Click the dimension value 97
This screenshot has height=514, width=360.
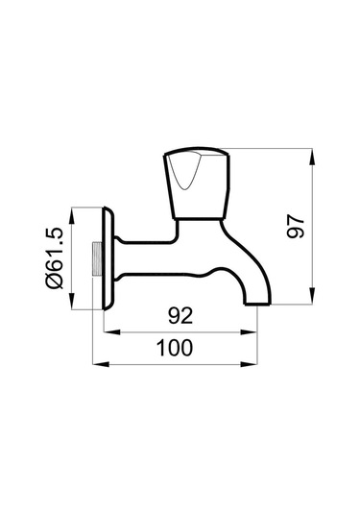(x=296, y=226)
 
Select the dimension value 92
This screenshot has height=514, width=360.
(x=180, y=316)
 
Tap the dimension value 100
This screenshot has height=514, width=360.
(x=175, y=348)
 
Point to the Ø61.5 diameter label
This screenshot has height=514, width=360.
(x=55, y=258)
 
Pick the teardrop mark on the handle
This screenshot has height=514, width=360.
(x=184, y=171)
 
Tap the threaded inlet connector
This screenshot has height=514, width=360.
(x=97, y=258)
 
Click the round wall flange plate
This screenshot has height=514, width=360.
(x=109, y=258)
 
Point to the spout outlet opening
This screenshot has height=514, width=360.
(x=258, y=304)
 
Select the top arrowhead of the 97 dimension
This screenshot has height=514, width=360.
(x=313, y=157)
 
